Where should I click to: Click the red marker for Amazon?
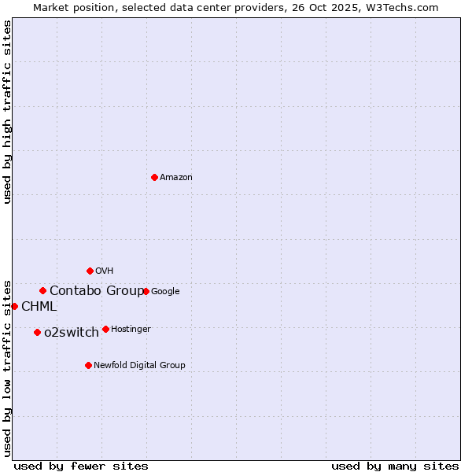154,177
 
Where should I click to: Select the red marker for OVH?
90,271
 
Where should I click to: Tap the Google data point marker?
146,291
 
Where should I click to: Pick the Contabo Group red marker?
42,290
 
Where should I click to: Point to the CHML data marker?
14,306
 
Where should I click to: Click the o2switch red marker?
37,332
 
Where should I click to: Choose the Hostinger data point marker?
105,329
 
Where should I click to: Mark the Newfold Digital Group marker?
88,365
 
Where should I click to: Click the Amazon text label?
176,178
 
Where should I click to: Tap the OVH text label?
105,271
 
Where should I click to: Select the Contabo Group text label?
97,291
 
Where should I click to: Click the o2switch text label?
72,333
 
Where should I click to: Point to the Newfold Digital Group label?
140,366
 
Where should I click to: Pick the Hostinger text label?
131,330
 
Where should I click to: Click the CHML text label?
39,307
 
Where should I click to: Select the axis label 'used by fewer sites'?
81,466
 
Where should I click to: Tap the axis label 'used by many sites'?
395,466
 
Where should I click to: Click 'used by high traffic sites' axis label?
7,112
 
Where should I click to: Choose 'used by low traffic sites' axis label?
7,367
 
